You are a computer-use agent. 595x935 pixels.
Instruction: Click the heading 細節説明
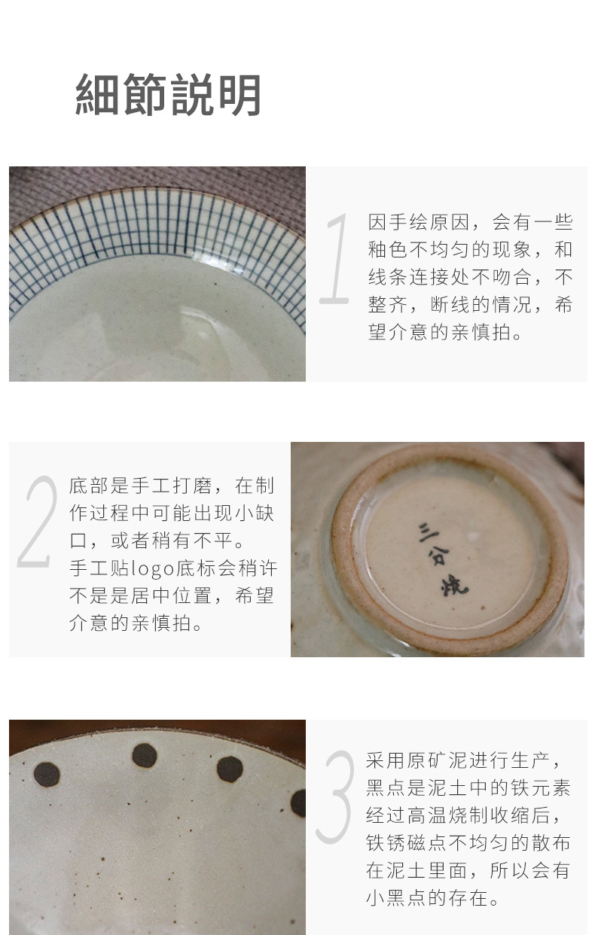click(x=169, y=95)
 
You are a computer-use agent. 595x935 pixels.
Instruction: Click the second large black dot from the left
click(x=145, y=754)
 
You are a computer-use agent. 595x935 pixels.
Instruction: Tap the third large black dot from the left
click(x=230, y=769)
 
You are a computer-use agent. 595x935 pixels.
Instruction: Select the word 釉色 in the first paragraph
click(x=388, y=250)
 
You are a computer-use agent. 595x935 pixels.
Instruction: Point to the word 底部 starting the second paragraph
click(x=89, y=486)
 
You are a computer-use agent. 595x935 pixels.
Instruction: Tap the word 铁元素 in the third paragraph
click(x=540, y=788)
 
